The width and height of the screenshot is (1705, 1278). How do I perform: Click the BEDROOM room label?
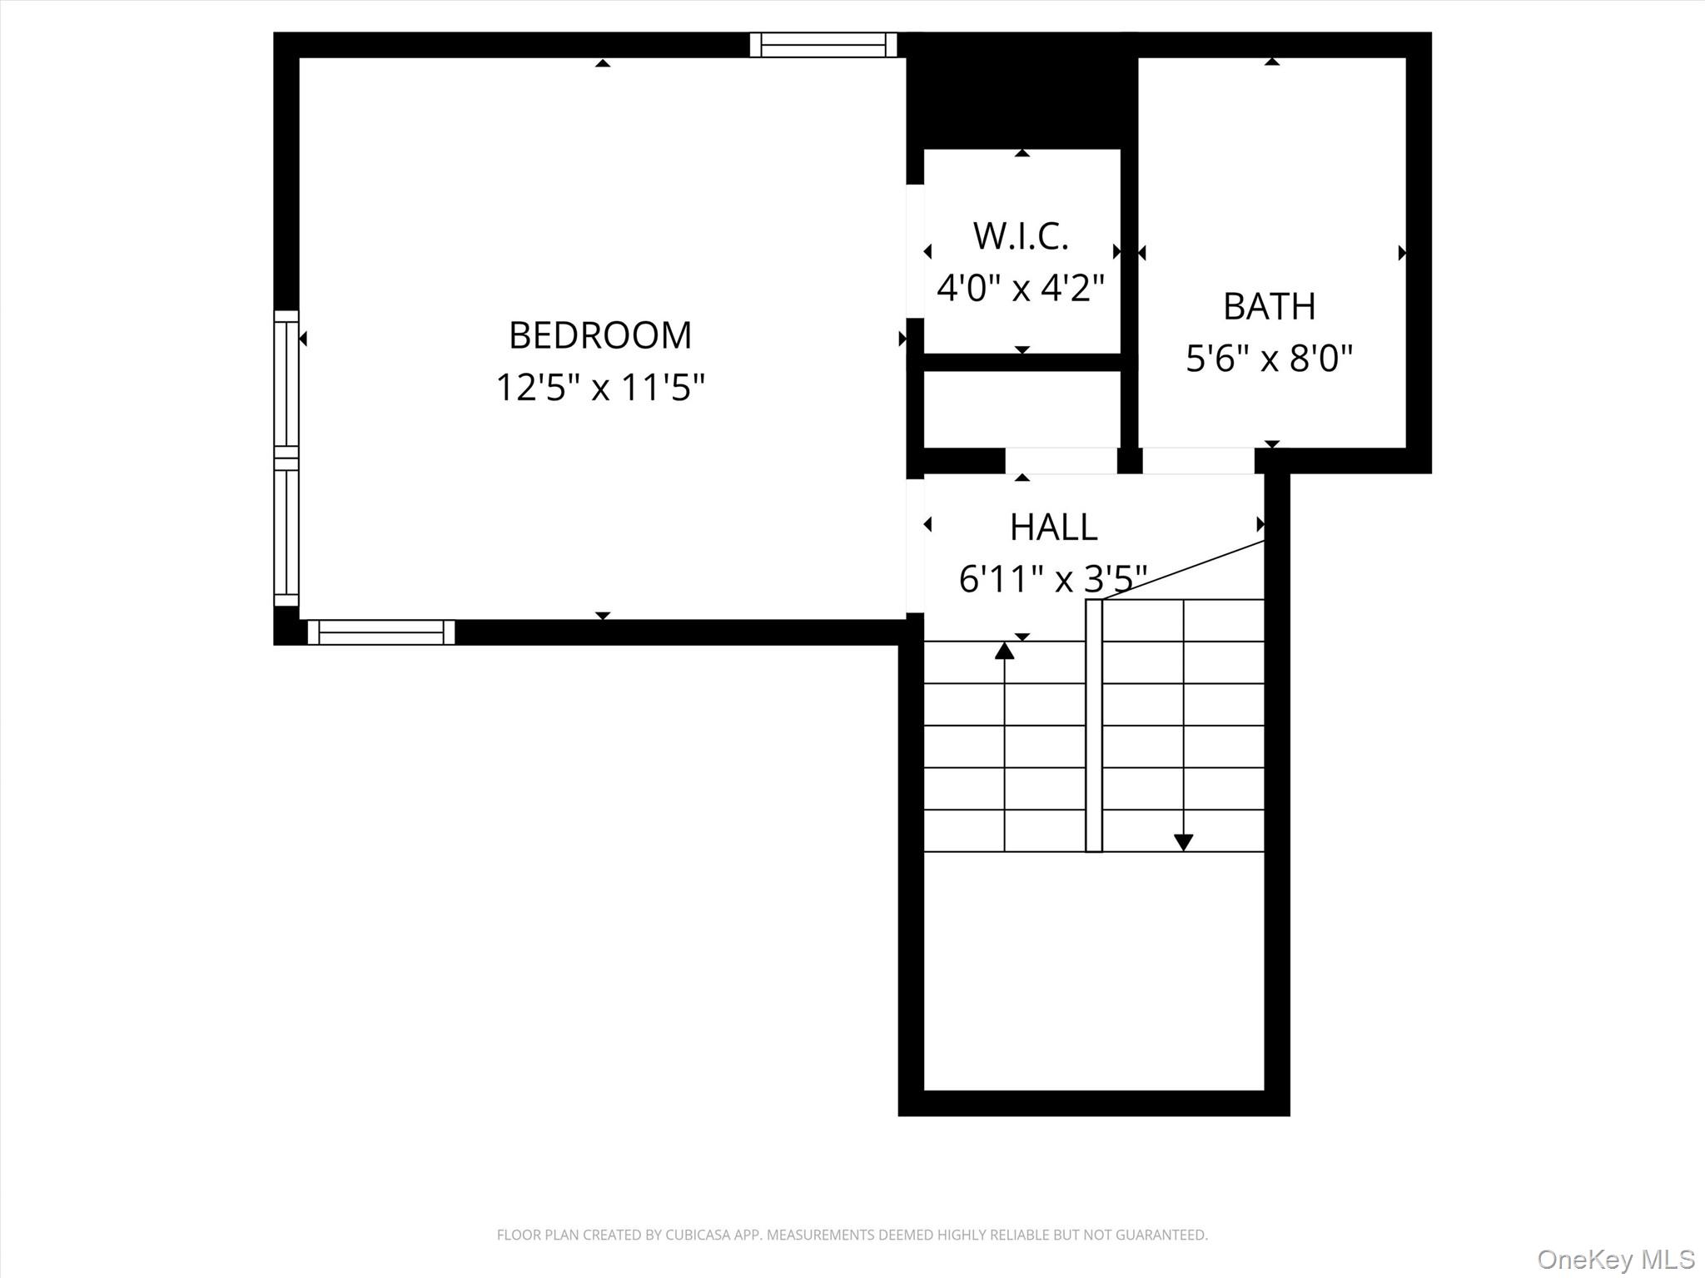click(x=600, y=335)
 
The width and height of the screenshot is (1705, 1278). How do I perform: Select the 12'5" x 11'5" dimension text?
click(x=600, y=388)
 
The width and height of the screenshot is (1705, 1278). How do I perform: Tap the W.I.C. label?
click(x=1021, y=236)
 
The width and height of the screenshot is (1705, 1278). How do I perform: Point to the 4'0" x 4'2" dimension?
click(x=1021, y=289)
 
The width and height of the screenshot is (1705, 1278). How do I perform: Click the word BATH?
click(x=1269, y=306)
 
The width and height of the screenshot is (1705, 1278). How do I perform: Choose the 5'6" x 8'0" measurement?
click(x=1269, y=359)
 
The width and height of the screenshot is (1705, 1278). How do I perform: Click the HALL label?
click(x=1053, y=527)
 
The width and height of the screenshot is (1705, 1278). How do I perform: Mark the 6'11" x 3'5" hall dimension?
click(x=1053, y=579)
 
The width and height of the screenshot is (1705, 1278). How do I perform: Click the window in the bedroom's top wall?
click(x=823, y=45)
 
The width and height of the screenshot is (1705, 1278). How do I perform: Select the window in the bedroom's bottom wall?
click(x=381, y=632)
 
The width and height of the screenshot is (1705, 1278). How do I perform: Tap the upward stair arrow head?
click(x=1005, y=651)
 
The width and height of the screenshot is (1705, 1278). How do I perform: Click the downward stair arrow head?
click(x=1183, y=843)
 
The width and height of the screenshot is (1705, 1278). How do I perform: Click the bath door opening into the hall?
click(x=1198, y=461)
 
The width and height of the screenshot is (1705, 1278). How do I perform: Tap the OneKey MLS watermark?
click(x=1616, y=1259)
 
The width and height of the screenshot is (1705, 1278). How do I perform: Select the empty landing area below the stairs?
click(x=1094, y=969)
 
